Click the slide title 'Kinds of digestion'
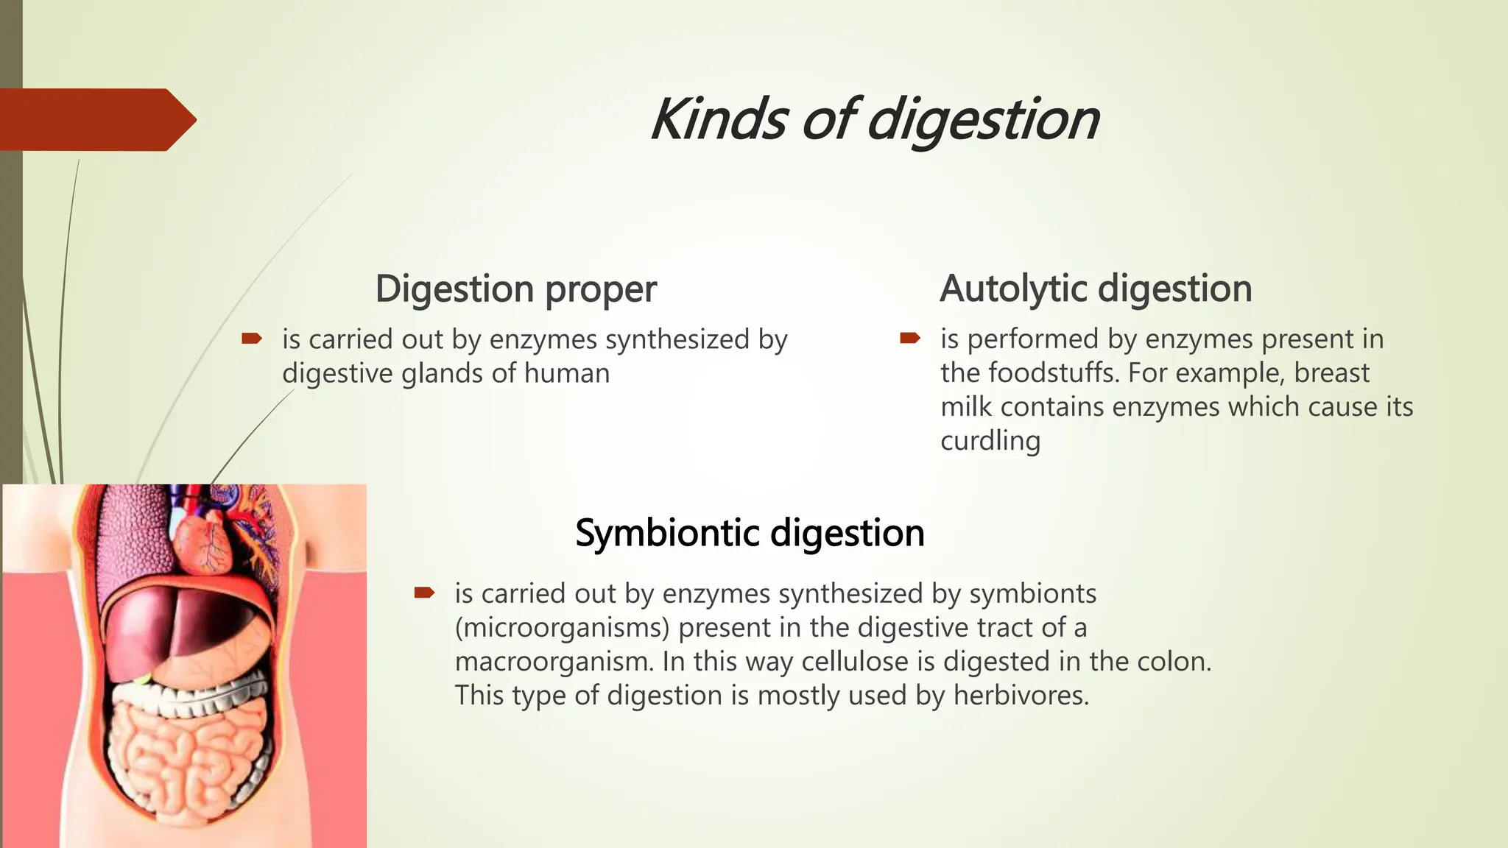click(x=875, y=120)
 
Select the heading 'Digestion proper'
click(x=515, y=289)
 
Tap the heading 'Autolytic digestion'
click(x=1096, y=289)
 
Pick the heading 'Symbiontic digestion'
click(x=750, y=533)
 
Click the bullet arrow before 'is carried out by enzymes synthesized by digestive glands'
click(x=252, y=339)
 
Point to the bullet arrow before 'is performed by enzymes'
click(x=910, y=339)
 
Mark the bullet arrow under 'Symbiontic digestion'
click(x=425, y=593)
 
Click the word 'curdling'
click(x=990, y=441)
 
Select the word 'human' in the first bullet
click(x=567, y=373)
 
